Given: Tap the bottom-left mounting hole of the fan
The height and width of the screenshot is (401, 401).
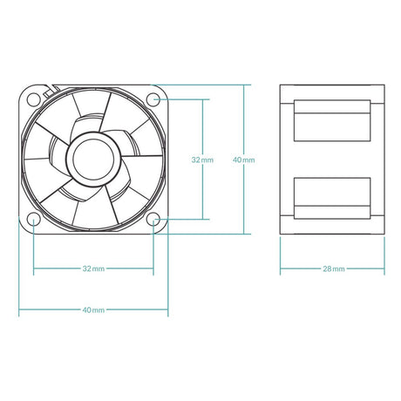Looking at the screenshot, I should [x=33, y=219].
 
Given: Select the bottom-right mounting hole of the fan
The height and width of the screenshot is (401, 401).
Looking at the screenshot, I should [x=153, y=219].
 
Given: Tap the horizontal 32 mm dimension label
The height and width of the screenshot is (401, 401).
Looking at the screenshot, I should [x=93, y=269].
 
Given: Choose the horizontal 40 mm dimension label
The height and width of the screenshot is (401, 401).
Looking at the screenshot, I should [x=93, y=309].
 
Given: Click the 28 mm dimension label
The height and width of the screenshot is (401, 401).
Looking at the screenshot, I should [x=332, y=269].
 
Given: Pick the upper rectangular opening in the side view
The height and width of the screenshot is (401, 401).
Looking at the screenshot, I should [x=332, y=119].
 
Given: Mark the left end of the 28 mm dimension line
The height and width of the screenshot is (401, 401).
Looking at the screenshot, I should [x=281, y=269].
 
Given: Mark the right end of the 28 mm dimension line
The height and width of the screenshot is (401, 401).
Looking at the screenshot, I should [x=384, y=269].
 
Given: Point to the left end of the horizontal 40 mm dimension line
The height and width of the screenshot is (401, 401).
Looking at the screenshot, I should [x=19, y=309].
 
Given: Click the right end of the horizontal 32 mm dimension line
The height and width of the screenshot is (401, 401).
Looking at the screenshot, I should [x=153, y=269].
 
